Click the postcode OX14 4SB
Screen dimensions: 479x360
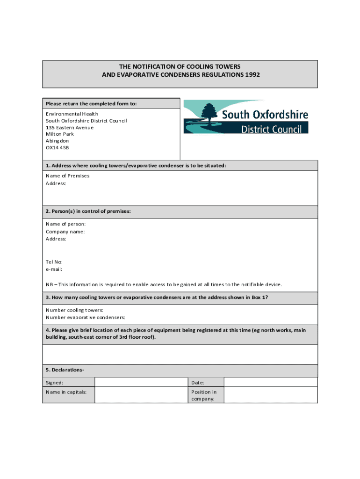pyautogui.click(x=58, y=147)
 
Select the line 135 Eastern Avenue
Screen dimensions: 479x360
pyautogui.click(x=70, y=127)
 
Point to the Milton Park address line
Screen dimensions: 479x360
pyautogui.click(x=60, y=134)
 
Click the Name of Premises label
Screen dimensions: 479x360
pyautogui.click(x=68, y=176)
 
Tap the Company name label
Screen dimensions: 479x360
pyautogui.click(x=65, y=232)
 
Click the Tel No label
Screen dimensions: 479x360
pyautogui.click(x=54, y=262)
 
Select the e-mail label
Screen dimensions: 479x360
pyautogui.click(x=54, y=269)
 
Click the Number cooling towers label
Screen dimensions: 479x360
pyautogui.click(x=74, y=310)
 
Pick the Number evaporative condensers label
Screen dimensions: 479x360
pyautogui.click(x=86, y=317)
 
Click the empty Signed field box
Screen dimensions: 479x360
pyautogui.click(x=141, y=382)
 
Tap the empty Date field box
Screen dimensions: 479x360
pyautogui.click(x=270, y=382)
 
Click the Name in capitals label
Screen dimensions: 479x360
pyautogui.click(x=66, y=392)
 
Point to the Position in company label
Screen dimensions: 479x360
pyautogui.click(x=204, y=395)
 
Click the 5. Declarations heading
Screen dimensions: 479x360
pyautogui.click(x=65, y=370)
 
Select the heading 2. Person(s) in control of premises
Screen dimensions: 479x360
pyautogui.click(x=88, y=211)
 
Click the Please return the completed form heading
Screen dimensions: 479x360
pyautogui.click(x=91, y=103)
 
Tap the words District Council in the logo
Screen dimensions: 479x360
pyautogui.click(x=271, y=128)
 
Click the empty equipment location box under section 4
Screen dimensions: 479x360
pyautogui.click(x=180, y=354)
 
